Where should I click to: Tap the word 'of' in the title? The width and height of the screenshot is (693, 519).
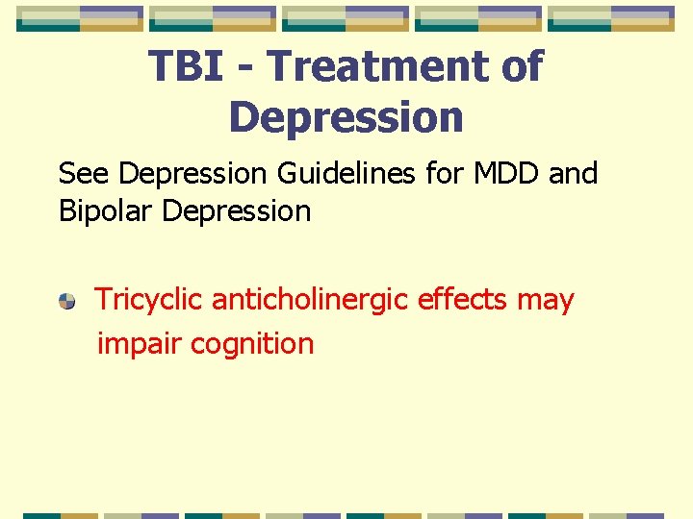tap(519, 67)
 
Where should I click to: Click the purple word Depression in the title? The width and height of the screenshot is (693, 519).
tap(346, 117)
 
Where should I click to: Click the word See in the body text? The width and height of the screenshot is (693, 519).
tap(84, 174)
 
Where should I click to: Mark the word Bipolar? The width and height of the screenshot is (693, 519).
tap(106, 211)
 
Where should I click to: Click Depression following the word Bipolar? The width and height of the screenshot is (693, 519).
tap(237, 211)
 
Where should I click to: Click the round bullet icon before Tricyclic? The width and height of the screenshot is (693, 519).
tap(66, 302)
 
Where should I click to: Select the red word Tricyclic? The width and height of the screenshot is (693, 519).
tap(149, 300)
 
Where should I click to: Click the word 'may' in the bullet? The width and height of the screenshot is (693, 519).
tap(545, 302)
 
